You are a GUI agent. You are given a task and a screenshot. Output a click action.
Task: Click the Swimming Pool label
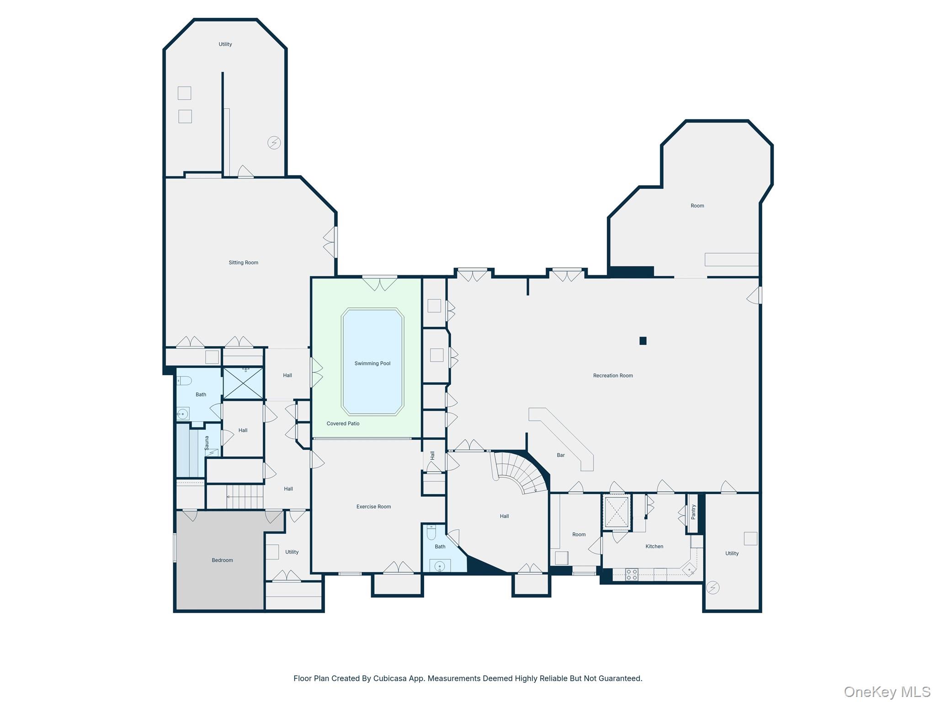tap(372, 363)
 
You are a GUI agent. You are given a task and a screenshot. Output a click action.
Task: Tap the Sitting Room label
tap(243, 262)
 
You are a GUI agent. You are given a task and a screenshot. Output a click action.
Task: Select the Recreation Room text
tap(612, 376)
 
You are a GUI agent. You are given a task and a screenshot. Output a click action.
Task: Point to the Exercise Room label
tap(373, 506)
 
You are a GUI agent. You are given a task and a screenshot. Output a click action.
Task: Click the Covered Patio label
tap(343, 424)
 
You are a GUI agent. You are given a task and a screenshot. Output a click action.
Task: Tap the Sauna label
tap(207, 442)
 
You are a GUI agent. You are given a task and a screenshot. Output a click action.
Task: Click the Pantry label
tap(693, 512)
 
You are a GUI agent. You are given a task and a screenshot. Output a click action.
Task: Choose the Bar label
tap(561, 455)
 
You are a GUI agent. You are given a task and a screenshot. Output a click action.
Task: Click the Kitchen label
tap(654, 546)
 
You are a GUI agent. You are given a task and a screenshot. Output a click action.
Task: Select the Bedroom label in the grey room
tap(222, 560)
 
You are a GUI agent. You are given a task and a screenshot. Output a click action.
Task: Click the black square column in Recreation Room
tap(643, 340)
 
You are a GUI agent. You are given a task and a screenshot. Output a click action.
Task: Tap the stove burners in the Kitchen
tap(632, 574)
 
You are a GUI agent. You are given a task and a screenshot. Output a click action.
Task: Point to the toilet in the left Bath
tap(184, 380)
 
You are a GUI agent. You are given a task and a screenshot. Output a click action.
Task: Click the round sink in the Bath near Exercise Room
tap(440, 567)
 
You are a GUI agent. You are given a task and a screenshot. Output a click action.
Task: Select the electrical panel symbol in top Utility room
tap(274, 143)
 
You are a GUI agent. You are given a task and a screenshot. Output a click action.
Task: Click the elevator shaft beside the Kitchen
tap(617, 511)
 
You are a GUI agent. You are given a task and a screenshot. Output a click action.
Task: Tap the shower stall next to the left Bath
tap(243, 383)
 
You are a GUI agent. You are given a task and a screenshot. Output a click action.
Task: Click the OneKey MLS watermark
tap(887, 691)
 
